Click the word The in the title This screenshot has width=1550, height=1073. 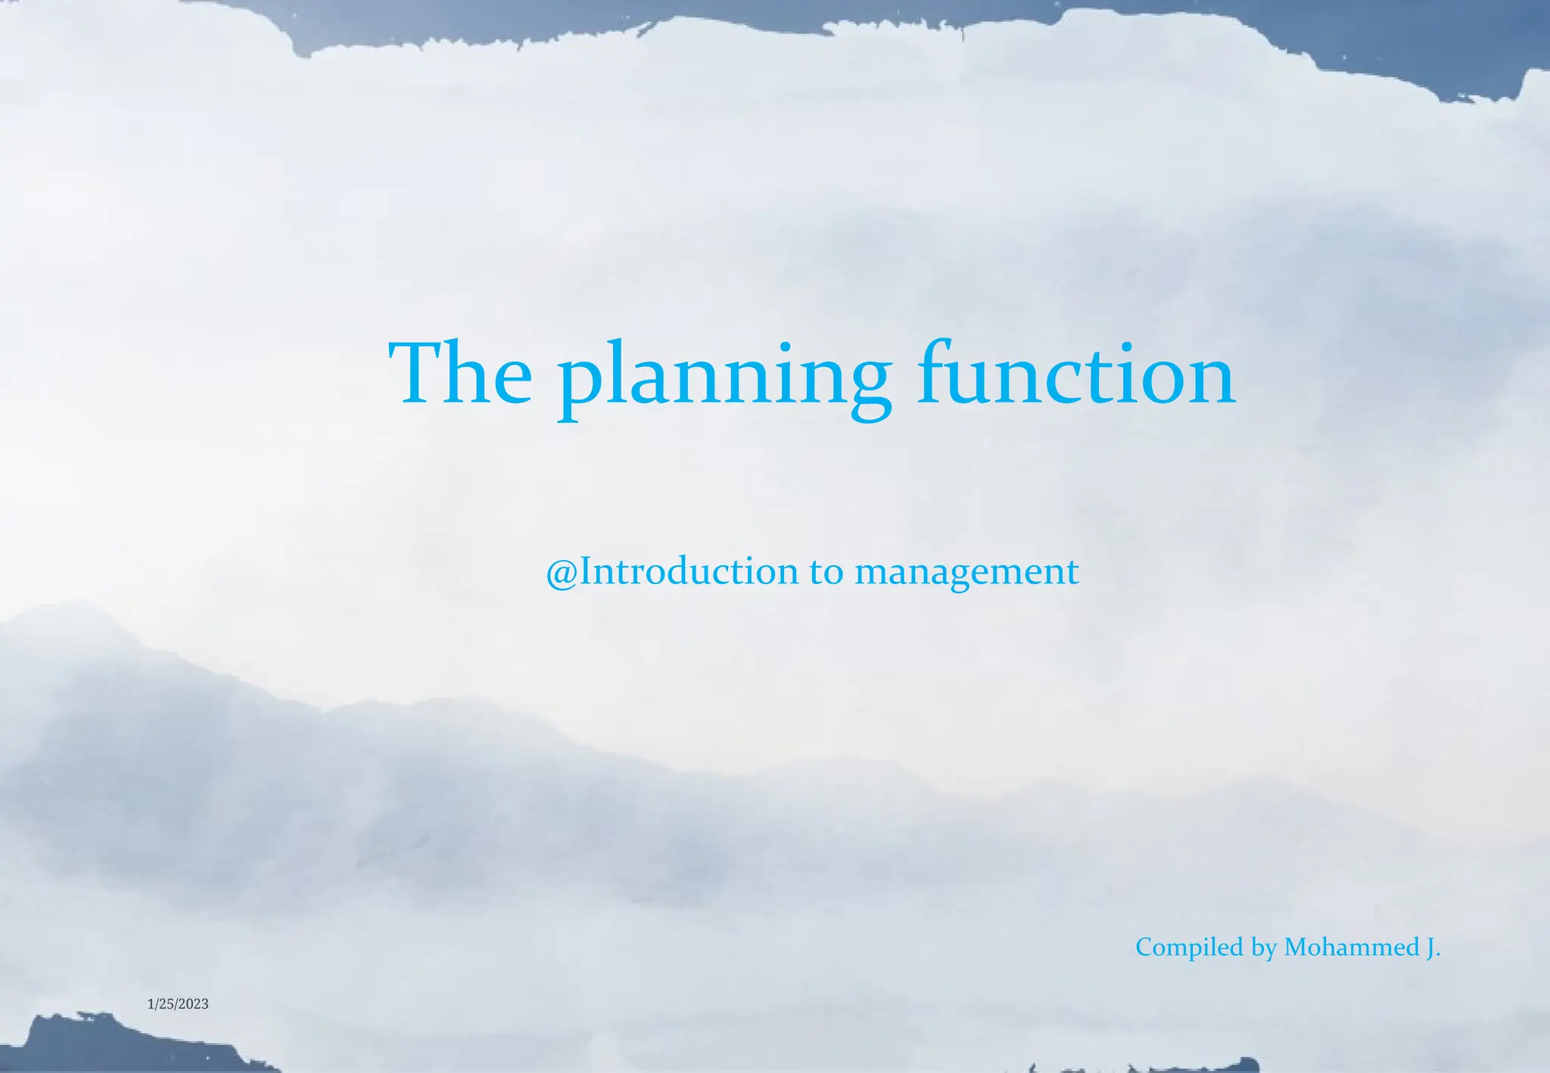pyautogui.click(x=460, y=374)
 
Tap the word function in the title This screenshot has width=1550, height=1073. pyautogui.click(x=1076, y=374)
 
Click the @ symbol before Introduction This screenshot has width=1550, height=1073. pyautogui.click(x=562, y=573)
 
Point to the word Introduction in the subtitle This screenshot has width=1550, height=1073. pyautogui.click(x=689, y=571)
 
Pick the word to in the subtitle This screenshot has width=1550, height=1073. pyautogui.click(x=826, y=572)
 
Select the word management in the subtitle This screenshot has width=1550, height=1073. pyautogui.click(x=966, y=574)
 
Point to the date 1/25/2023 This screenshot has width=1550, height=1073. pyautogui.click(x=178, y=1004)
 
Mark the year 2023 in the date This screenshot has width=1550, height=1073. pyautogui.click(x=195, y=1004)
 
